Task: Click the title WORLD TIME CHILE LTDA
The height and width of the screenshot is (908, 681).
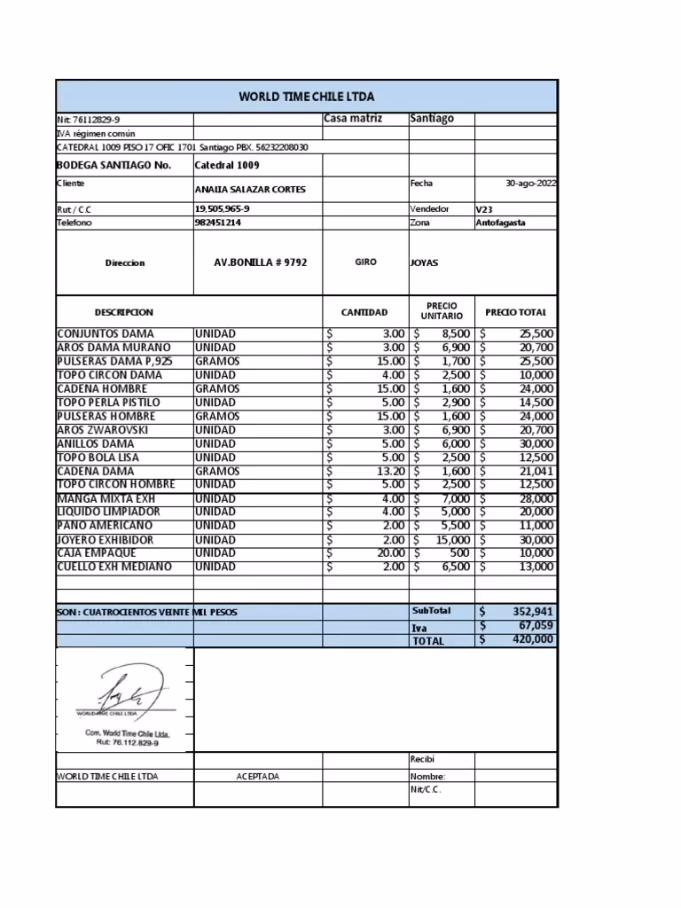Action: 306,96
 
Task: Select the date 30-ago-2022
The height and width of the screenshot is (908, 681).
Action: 531,184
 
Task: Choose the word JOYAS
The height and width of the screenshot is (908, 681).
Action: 424,263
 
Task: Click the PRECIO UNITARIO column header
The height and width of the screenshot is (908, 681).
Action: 442,311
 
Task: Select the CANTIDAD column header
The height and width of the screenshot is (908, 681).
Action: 364,312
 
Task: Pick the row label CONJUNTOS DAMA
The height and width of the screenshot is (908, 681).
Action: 106,333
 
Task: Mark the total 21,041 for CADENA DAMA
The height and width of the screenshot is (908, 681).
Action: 536,471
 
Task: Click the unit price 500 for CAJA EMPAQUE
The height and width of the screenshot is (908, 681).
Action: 458,552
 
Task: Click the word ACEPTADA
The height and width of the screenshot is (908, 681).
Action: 257,777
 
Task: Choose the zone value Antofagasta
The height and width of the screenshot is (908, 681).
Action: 500,223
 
